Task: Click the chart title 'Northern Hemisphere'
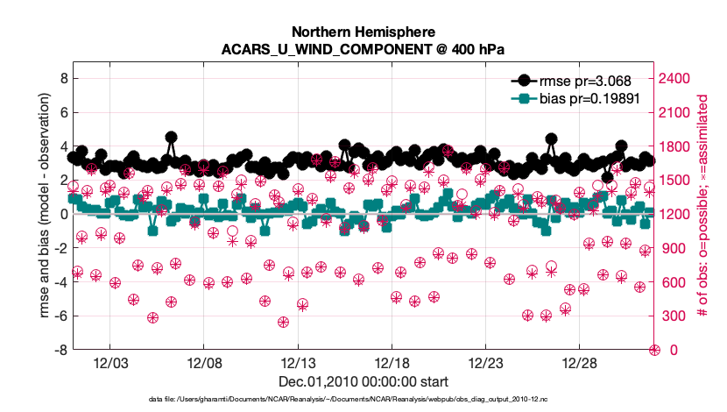(363, 30)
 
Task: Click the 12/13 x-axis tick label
(298, 363)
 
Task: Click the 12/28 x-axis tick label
(579, 363)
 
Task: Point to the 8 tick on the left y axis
(62, 78)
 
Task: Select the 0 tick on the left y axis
(62, 214)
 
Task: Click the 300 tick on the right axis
(673, 316)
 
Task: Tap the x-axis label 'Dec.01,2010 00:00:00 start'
(363, 381)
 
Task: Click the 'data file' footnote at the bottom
(363, 400)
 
